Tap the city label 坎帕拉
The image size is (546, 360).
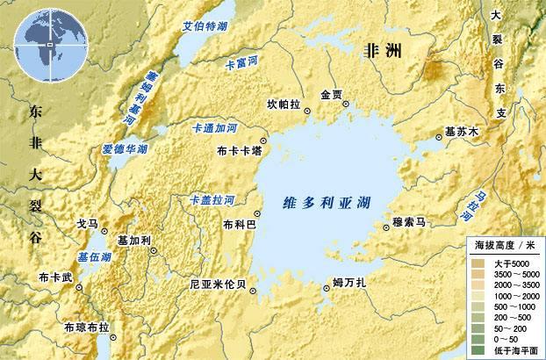283,104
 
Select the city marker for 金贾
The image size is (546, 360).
345,104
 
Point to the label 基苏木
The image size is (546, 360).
463,132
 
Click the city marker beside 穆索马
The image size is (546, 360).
387,226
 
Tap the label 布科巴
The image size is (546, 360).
240,225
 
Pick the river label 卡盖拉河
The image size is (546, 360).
212,200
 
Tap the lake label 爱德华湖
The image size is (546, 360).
123,150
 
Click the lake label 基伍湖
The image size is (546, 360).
94,257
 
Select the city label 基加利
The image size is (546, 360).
134,240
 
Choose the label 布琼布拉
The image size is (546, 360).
88,328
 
